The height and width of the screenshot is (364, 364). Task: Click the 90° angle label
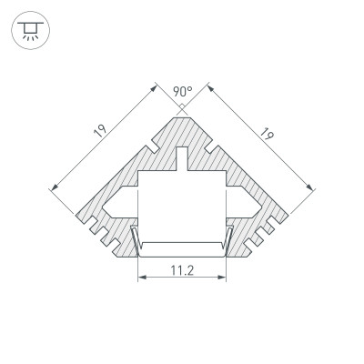(x=182, y=91)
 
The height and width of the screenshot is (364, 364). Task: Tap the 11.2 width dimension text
(x=182, y=268)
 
